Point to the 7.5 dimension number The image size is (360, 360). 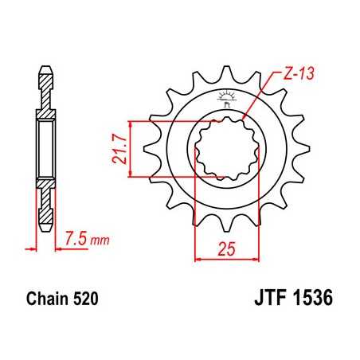click(x=76, y=239)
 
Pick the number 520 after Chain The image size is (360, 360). click(x=84, y=301)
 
